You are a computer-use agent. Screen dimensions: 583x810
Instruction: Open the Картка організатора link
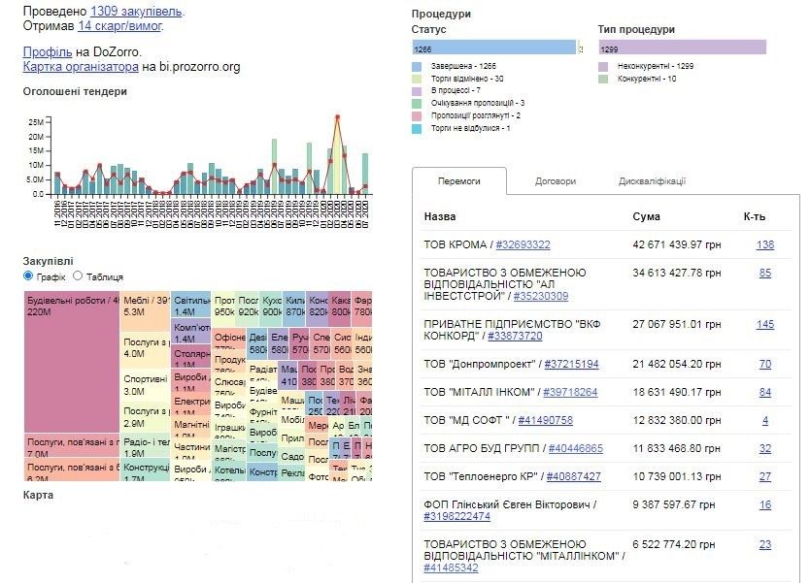click(x=81, y=67)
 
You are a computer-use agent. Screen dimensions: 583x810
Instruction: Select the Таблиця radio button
click(x=78, y=276)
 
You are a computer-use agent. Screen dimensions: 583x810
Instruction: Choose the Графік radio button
click(x=28, y=276)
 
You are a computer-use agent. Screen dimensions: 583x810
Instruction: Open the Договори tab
click(x=556, y=181)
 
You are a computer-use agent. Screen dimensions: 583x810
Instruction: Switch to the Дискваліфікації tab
click(x=652, y=181)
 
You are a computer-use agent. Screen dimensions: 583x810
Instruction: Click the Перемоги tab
click(x=458, y=181)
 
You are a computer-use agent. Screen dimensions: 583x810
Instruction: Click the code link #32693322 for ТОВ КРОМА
click(x=524, y=244)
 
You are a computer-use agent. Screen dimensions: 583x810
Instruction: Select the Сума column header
click(x=646, y=216)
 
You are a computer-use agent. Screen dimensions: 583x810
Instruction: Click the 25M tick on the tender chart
click(x=36, y=122)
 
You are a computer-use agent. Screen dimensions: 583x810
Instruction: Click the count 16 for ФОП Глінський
click(x=765, y=504)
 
